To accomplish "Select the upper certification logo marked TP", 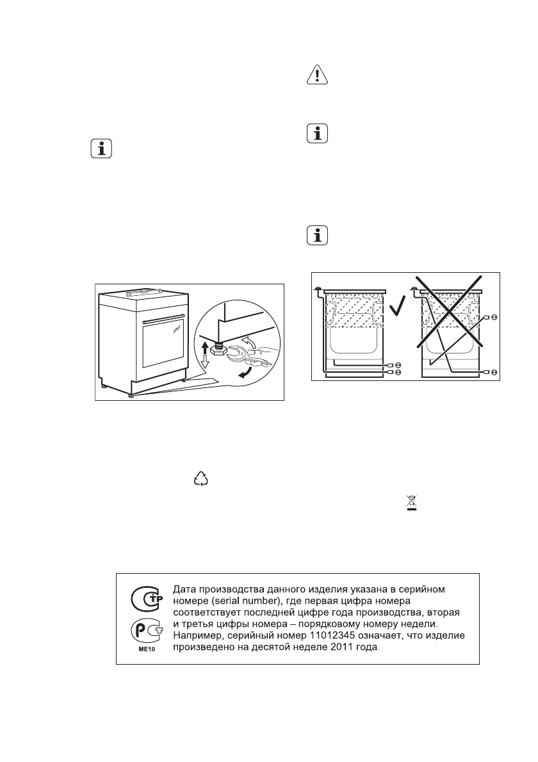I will [x=147, y=599].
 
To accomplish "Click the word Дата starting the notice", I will [x=187, y=587].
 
